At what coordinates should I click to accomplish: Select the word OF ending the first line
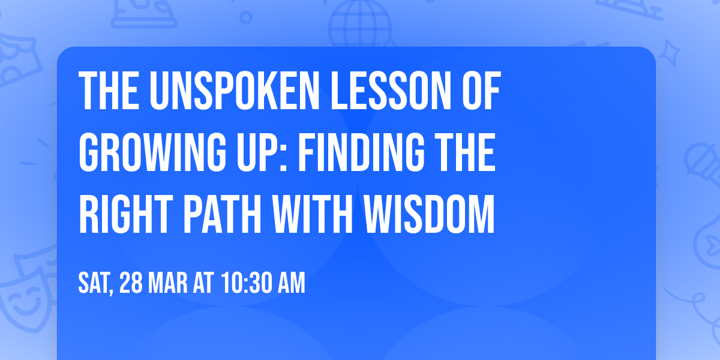tap(476, 91)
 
